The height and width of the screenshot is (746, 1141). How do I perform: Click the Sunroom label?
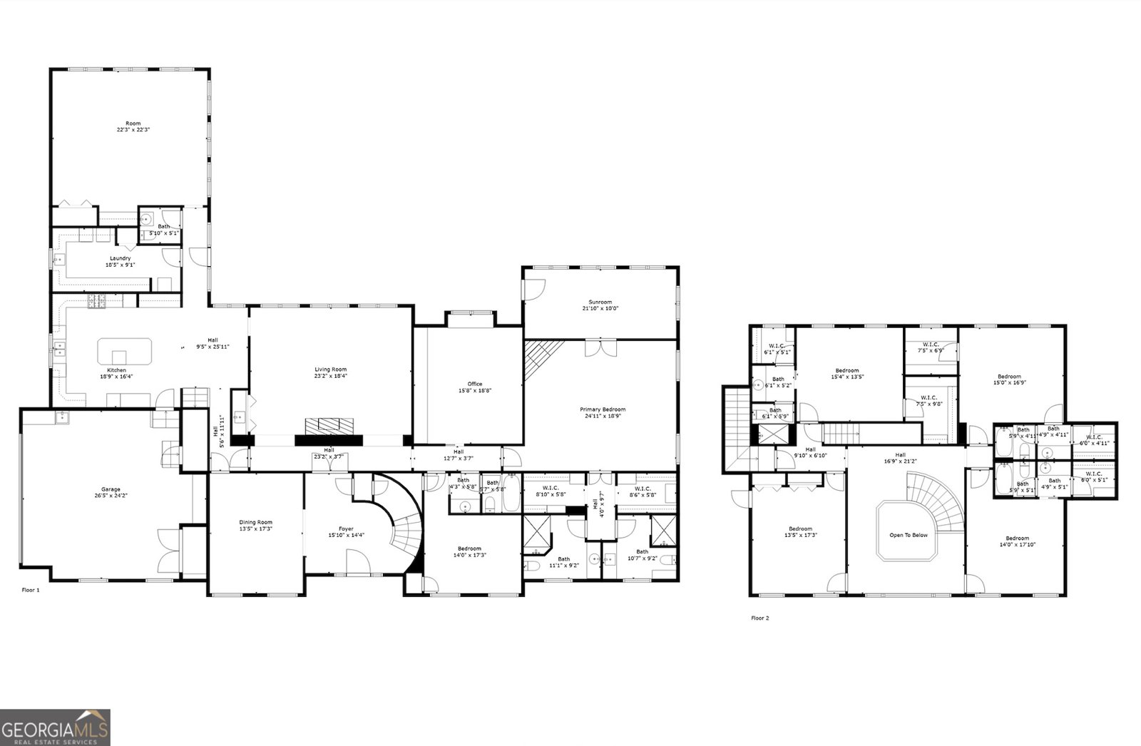coord(600,302)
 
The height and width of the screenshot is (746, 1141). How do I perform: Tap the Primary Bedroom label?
coord(603,409)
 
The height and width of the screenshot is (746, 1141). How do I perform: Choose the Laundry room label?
coord(120,258)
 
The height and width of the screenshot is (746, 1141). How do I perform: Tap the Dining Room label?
coord(255,522)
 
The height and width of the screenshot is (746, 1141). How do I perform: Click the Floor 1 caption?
coord(31,591)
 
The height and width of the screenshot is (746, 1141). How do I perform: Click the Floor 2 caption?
coord(760,618)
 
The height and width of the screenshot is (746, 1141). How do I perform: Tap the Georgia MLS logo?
coord(55,727)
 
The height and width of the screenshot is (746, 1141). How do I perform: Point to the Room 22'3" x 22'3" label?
coord(133,123)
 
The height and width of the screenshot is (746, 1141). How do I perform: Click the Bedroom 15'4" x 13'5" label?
coord(847,370)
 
